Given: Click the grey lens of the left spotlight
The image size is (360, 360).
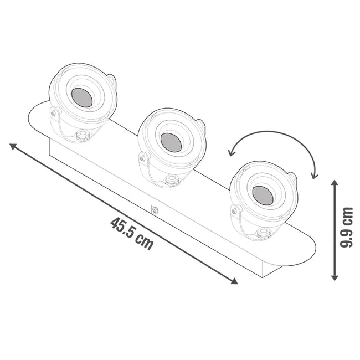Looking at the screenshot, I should point(82,97).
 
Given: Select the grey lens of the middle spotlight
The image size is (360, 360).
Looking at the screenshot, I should point(171,142).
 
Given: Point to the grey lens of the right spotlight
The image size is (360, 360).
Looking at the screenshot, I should point(263,194).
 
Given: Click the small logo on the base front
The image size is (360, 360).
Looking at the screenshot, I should point(155,210).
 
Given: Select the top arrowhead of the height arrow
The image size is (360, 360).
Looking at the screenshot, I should point(335,183).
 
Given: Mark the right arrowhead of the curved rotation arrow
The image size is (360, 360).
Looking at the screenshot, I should point(315,176).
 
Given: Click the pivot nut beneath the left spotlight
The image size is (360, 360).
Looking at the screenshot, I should point(83,134).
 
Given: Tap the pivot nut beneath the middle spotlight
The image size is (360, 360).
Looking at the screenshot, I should point(172,179).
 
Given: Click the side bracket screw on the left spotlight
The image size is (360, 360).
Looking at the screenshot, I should point(54,113).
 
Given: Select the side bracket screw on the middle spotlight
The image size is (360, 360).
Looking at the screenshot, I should point(143,158).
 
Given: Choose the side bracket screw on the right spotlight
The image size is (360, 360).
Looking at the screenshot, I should point(236,210).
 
